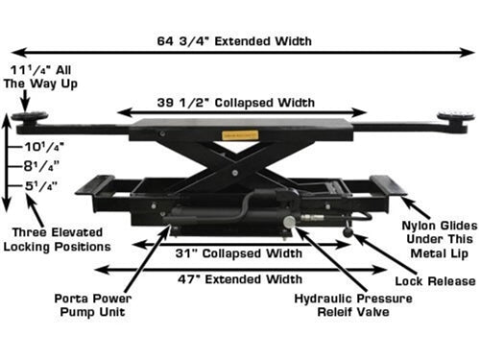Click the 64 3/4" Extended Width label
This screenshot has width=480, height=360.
point(234,41)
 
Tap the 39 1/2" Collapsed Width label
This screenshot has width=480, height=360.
point(236,103)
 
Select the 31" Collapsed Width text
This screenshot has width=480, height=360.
point(239,253)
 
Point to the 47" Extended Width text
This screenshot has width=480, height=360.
point(240,279)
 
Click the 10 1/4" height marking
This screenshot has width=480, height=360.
point(44,147)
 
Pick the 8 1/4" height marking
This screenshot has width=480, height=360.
point(41,166)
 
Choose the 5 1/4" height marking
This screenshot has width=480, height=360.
point(41,186)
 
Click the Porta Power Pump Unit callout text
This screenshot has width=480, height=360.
point(93,305)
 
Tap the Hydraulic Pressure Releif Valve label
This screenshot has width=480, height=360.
point(353,305)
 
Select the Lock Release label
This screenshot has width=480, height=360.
point(435,281)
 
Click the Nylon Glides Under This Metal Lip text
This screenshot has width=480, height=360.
point(440,239)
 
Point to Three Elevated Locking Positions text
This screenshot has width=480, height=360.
point(57,239)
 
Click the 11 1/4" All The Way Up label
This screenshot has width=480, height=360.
point(40,77)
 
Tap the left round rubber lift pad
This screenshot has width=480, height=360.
point(30,117)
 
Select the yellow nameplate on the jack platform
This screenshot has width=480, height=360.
point(240,135)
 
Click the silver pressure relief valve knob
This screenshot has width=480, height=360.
point(289,222)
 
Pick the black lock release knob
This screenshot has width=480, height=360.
point(348,232)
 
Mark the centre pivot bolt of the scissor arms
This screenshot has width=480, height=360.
point(235,173)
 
